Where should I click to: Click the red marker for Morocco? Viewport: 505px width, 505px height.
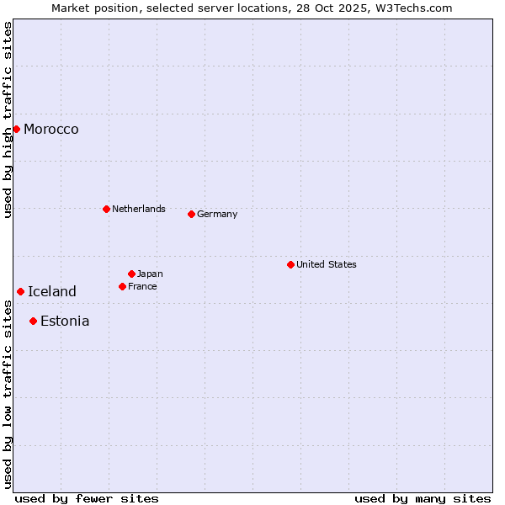(x=16, y=129)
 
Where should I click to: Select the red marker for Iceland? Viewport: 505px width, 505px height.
(x=20, y=291)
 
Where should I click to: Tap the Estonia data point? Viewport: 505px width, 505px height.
(x=33, y=321)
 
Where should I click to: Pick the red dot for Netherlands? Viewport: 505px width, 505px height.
(x=106, y=209)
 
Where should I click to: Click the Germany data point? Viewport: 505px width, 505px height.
(x=191, y=214)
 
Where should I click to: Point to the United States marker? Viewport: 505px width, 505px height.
(x=290, y=264)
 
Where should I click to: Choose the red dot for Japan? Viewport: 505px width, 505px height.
(x=131, y=274)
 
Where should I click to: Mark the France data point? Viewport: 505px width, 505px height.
(x=122, y=286)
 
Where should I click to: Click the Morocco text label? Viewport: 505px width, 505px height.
(x=51, y=129)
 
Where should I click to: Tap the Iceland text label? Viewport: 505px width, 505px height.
(x=52, y=291)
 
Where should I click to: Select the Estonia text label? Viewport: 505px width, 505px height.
(x=65, y=321)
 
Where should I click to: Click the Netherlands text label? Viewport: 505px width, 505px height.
(x=139, y=209)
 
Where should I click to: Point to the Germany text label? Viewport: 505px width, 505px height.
(x=217, y=214)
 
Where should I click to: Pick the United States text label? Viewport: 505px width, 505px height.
(x=327, y=264)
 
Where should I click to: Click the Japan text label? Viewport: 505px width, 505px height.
(x=150, y=274)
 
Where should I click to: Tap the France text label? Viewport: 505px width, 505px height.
(x=142, y=286)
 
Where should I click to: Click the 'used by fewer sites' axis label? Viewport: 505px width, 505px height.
(x=87, y=498)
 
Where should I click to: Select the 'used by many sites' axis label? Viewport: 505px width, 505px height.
(x=423, y=498)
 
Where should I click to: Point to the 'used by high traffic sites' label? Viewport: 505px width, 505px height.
(x=8, y=120)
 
